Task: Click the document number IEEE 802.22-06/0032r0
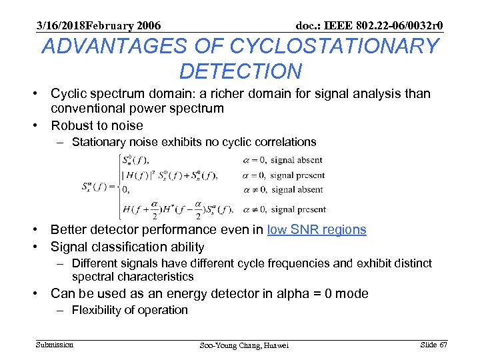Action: (x=382, y=26)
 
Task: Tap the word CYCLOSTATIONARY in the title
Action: (x=334, y=47)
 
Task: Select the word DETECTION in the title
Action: (x=240, y=71)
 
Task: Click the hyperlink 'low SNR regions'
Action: (x=317, y=229)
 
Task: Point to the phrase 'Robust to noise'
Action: (x=97, y=125)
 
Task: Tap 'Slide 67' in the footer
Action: (x=433, y=344)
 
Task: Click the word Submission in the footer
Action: (x=55, y=344)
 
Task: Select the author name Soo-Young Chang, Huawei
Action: (x=245, y=345)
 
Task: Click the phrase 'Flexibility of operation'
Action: (x=130, y=310)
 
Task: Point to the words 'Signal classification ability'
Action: (x=128, y=247)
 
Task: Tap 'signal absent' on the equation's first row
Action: (x=297, y=160)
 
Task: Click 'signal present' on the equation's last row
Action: (x=298, y=209)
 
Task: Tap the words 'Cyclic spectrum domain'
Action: (x=116, y=93)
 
